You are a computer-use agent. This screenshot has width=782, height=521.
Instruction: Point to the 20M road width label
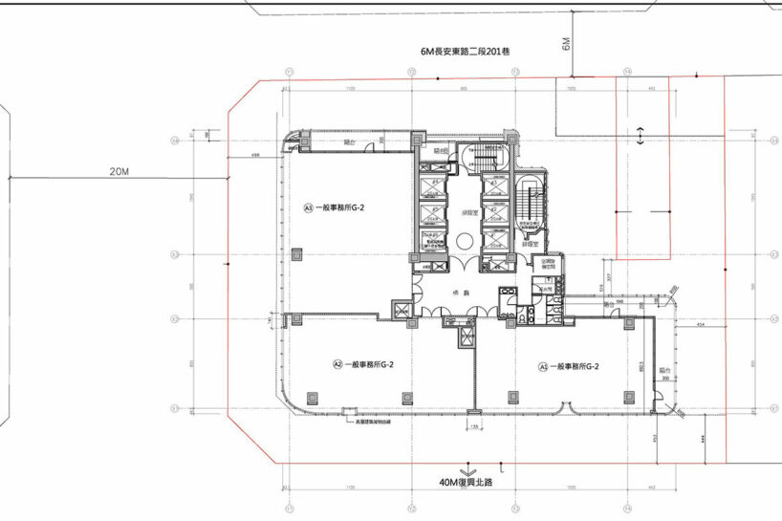coord(119,171)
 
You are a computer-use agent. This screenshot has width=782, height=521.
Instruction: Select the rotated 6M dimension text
coord(567,43)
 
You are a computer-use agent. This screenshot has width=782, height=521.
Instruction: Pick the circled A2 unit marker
coord(337,363)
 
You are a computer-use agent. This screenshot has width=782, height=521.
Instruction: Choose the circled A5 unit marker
coord(543,365)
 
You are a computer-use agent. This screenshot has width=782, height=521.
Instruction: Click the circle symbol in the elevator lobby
coord(465,243)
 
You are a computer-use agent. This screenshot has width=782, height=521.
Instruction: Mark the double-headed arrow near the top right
coord(639,135)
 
